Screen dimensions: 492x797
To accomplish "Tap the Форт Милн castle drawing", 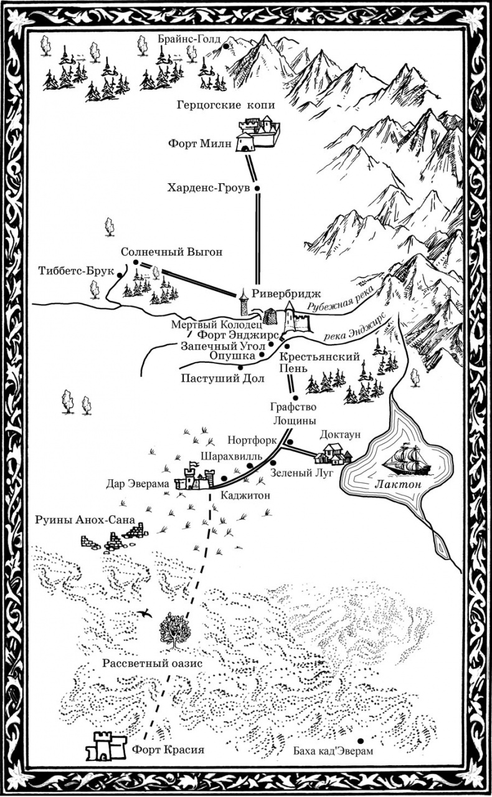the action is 257,135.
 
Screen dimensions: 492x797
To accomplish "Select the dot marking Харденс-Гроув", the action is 256,187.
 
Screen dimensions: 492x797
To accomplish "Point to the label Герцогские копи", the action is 225,106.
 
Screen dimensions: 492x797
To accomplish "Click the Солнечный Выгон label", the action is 171,252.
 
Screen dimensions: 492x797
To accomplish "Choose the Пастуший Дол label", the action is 222,378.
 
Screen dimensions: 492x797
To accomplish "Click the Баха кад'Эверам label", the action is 333,752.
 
